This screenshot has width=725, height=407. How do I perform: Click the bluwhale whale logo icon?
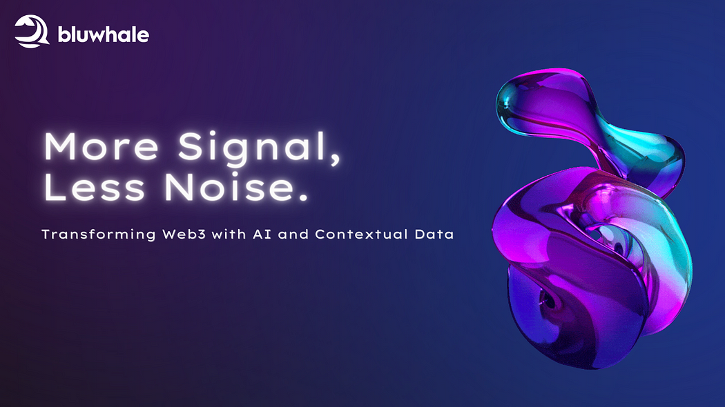(x=32, y=32)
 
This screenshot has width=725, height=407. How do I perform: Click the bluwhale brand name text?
(x=104, y=34)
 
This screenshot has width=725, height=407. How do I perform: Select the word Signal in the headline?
(x=244, y=148)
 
